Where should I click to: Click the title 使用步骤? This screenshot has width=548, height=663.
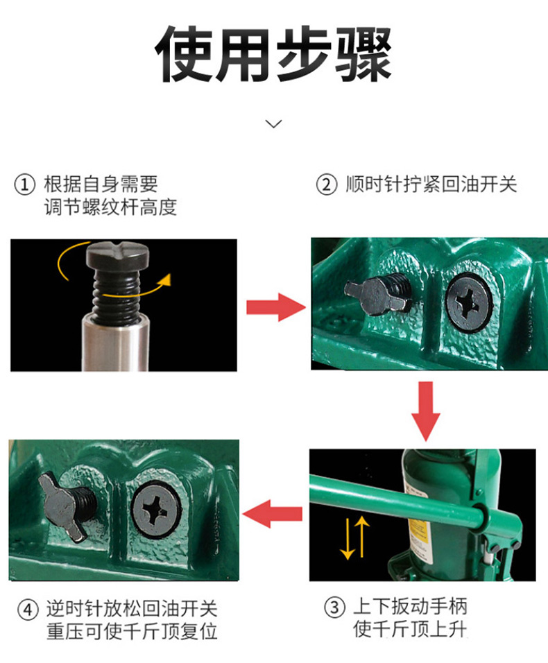tap(273, 53)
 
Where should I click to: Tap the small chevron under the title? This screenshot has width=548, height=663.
tap(273, 123)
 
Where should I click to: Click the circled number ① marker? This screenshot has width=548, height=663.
tap(25, 184)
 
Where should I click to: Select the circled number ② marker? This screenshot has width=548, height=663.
tap(327, 184)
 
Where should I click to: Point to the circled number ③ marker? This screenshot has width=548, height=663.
tap(334, 608)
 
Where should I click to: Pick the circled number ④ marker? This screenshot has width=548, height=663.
tap(28, 610)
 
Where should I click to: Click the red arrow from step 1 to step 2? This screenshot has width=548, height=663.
tap(276, 307)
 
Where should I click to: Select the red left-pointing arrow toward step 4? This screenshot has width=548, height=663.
tap(273, 514)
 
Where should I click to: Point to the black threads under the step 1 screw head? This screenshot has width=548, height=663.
tap(117, 296)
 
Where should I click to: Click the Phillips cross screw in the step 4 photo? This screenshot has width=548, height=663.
tap(156, 510)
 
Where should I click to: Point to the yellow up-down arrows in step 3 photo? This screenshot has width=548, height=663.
tap(354, 537)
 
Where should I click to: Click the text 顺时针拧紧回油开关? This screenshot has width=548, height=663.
tap(431, 184)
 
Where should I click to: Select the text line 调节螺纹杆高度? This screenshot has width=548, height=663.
tap(110, 207)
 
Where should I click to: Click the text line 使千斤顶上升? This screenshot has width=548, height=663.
tap(410, 629)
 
